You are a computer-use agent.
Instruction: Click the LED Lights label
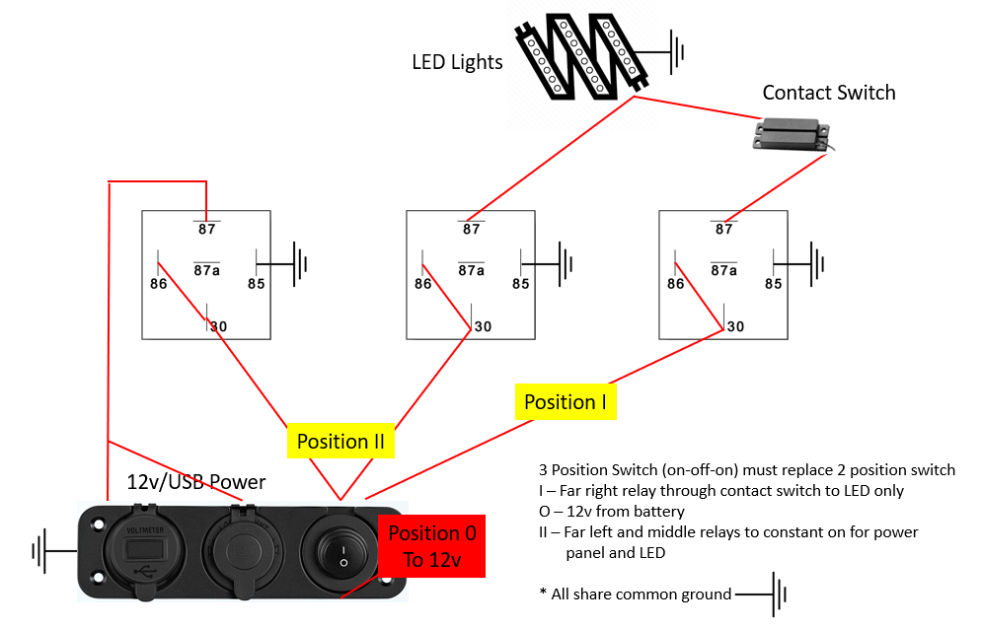tap(457, 63)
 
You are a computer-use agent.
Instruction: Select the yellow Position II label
tap(340, 442)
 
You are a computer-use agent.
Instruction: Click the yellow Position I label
tap(566, 402)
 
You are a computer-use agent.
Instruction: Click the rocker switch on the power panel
tap(342, 552)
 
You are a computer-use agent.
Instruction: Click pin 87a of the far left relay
tap(206, 269)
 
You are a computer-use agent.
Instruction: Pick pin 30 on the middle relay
tap(482, 326)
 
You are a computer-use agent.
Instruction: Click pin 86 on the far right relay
tap(675, 284)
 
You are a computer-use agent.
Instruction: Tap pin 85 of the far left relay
tap(257, 284)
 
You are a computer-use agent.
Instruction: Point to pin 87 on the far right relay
tap(724, 229)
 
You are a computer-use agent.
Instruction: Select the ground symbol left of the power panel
tap(42, 550)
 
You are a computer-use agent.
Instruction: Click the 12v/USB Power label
tap(196, 482)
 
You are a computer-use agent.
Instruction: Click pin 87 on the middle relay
tap(472, 229)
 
